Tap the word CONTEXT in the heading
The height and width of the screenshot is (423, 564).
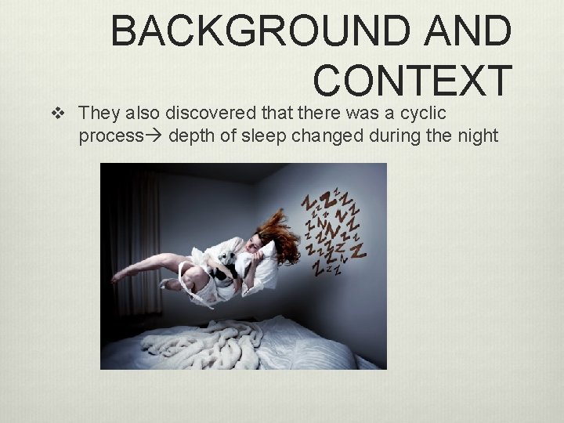point(412,80)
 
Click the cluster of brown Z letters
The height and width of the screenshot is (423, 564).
point(333,227)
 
